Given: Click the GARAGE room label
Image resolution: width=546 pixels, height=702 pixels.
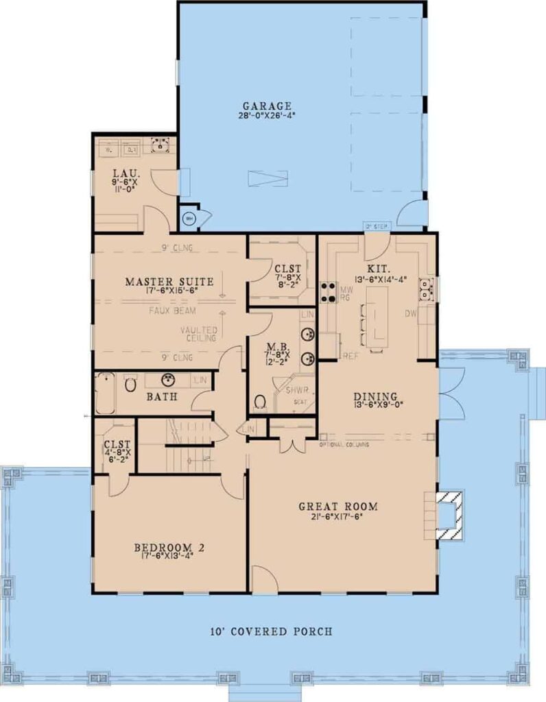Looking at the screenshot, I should point(267,106).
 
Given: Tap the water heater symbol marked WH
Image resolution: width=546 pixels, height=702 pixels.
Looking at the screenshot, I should point(189,219).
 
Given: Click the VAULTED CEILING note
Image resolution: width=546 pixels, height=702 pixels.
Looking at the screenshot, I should point(199,334).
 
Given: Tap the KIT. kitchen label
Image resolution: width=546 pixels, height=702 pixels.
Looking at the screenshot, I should point(378,269).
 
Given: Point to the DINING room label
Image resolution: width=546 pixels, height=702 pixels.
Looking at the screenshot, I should point(376,396).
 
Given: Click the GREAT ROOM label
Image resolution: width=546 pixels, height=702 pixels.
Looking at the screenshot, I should point(338,507).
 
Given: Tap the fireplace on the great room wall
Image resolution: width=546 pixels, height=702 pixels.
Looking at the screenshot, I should point(447,510).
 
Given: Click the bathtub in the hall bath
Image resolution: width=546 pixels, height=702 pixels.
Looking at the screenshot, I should point(105,393).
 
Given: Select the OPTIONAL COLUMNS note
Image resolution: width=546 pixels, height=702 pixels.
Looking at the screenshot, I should point(344,445).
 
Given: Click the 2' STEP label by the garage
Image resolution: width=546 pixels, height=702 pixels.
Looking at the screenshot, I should point(377,226).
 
